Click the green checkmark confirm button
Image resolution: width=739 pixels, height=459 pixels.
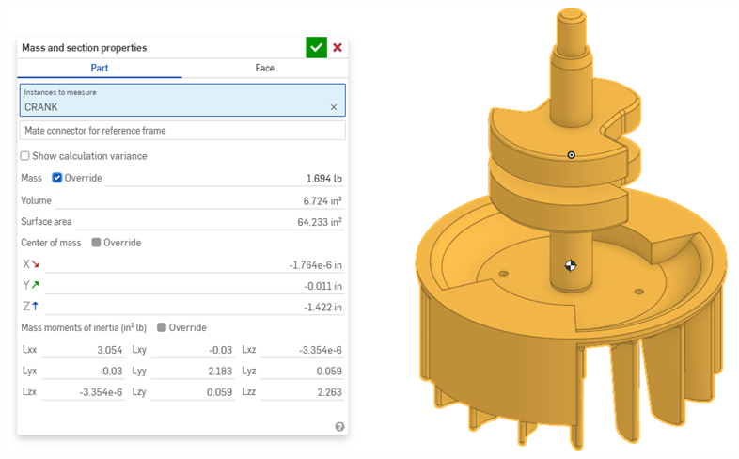pos(316,47)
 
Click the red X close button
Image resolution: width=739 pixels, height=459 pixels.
pos(338,47)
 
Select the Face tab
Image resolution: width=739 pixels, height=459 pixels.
pos(264,69)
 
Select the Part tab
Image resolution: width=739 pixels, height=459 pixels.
pos(100,69)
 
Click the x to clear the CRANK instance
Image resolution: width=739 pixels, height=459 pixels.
pos(333,107)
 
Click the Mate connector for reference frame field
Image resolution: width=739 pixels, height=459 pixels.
pos(182,130)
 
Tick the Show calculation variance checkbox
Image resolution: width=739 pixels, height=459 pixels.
pos(25,156)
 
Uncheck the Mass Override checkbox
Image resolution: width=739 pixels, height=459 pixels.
pos(57,178)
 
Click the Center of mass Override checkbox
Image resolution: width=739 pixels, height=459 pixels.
pos(97,243)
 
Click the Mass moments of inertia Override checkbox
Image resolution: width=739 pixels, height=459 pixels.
pos(163,328)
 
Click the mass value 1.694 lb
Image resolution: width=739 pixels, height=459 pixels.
pos(323,179)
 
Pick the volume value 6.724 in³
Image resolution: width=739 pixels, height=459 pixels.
pos(322,201)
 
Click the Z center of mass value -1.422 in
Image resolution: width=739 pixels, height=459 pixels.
pos(322,308)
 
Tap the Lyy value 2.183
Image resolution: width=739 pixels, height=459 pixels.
pos(217,371)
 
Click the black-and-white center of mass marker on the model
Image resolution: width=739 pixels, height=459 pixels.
pos(569,265)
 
